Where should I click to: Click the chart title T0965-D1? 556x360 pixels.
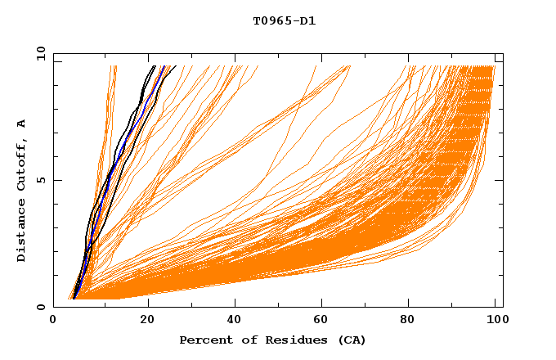pos(284,21)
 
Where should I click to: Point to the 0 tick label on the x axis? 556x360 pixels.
pos(53,322)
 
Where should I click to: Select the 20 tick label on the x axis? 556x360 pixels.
pos(147,322)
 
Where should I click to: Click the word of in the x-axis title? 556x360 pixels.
pos(246,340)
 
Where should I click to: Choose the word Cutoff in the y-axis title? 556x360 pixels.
pos(21,164)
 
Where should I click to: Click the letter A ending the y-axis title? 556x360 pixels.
pos(21,123)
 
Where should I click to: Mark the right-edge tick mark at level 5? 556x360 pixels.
pos(499,180)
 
